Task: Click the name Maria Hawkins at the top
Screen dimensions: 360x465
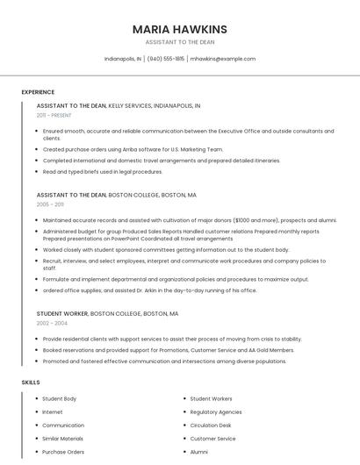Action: click(x=179, y=28)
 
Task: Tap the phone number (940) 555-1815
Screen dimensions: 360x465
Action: click(x=166, y=59)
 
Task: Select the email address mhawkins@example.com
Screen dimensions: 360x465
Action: click(x=223, y=59)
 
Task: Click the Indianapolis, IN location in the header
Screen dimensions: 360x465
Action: click(x=122, y=59)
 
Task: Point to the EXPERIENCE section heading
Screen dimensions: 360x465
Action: click(x=38, y=92)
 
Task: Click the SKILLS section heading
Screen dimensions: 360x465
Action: click(x=31, y=383)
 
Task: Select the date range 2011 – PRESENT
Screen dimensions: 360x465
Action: click(x=54, y=115)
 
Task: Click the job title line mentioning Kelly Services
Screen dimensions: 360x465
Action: click(x=119, y=105)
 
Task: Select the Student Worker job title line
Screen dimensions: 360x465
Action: click(x=107, y=313)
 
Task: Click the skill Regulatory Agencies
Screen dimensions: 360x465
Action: click(x=215, y=411)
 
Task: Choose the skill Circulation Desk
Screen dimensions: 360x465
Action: click(x=211, y=426)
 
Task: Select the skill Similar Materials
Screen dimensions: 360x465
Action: click(x=62, y=439)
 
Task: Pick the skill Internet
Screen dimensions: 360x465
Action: click(x=53, y=411)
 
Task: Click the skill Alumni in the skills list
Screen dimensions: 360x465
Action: click(x=199, y=452)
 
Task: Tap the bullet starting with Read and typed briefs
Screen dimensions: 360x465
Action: click(x=103, y=172)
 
